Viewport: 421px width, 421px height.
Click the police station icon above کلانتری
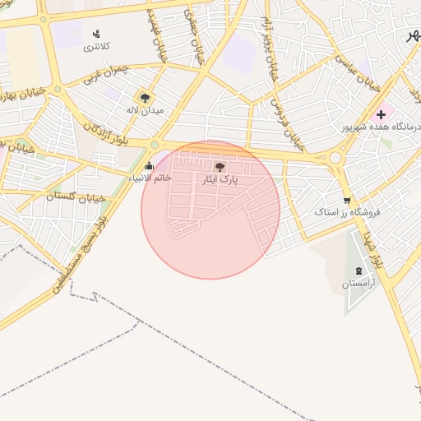[97, 34]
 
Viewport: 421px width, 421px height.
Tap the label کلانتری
[95, 47]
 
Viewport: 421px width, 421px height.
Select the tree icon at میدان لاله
[146, 96]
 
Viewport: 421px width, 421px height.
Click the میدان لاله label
[145, 109]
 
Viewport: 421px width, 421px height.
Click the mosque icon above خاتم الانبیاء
[149, 166]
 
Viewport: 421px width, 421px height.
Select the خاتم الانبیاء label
[150, 178]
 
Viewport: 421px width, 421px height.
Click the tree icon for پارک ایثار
[218, 166]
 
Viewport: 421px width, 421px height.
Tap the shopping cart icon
[347, 200]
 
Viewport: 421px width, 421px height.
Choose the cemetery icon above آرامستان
[359, 271]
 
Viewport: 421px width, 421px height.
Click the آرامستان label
[359, 284]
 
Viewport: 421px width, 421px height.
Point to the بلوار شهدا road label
[377, 244]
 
